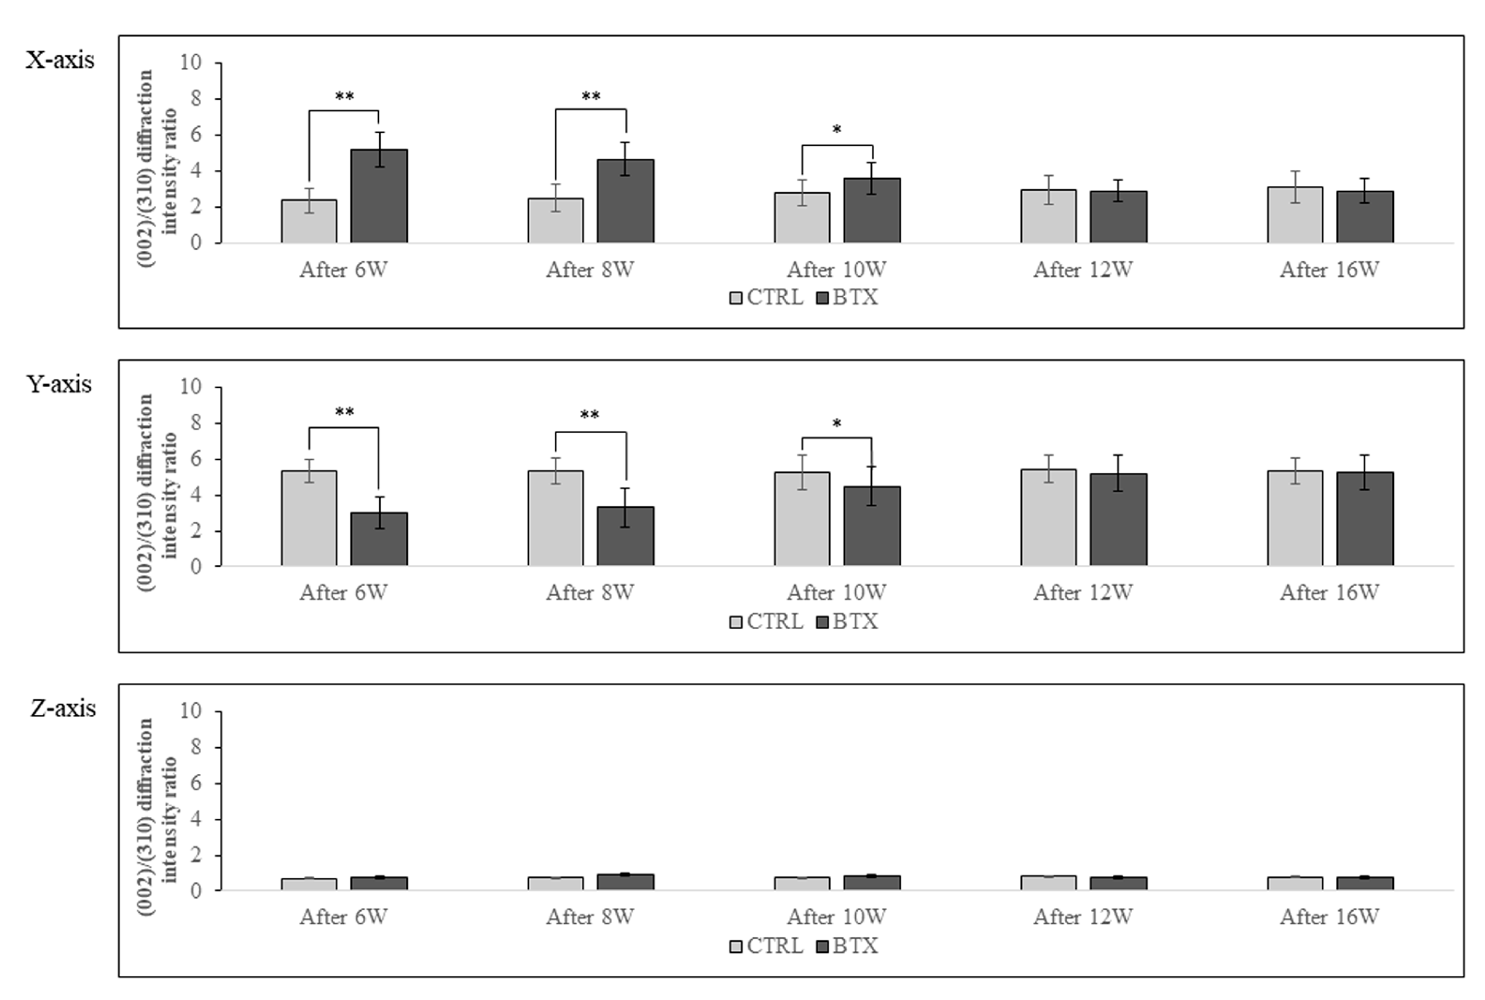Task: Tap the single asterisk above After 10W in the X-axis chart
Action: (837, 130)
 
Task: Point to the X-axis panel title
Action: (60, 60)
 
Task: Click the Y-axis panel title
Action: (59, 384)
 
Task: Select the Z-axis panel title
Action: (63, 708)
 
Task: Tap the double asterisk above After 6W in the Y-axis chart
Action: (344, 412)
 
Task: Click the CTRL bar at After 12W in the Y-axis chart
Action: (1048, 517)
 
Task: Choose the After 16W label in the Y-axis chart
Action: (1329, 592)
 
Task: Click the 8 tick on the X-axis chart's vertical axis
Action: (195, 99)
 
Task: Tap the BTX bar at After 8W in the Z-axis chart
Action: (626, 882)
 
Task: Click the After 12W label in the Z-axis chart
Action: (1083, 917)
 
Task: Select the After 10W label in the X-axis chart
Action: (836, 269)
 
